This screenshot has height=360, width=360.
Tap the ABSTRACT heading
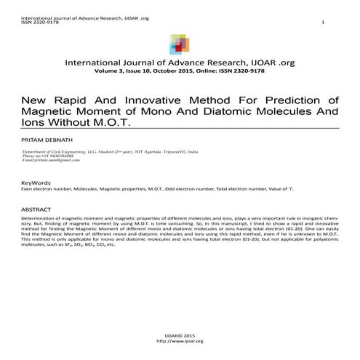[x=36, y=209]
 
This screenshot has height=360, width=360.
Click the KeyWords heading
[x=36, y=182]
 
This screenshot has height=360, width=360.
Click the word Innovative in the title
[x=148, y=100]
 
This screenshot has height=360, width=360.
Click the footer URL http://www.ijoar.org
[x=180, y=340]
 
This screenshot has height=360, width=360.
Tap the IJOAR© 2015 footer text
[x=180, y=335]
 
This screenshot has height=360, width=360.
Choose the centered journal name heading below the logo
[x=180, y=64]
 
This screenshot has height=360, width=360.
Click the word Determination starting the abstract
[x=39, y=217]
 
